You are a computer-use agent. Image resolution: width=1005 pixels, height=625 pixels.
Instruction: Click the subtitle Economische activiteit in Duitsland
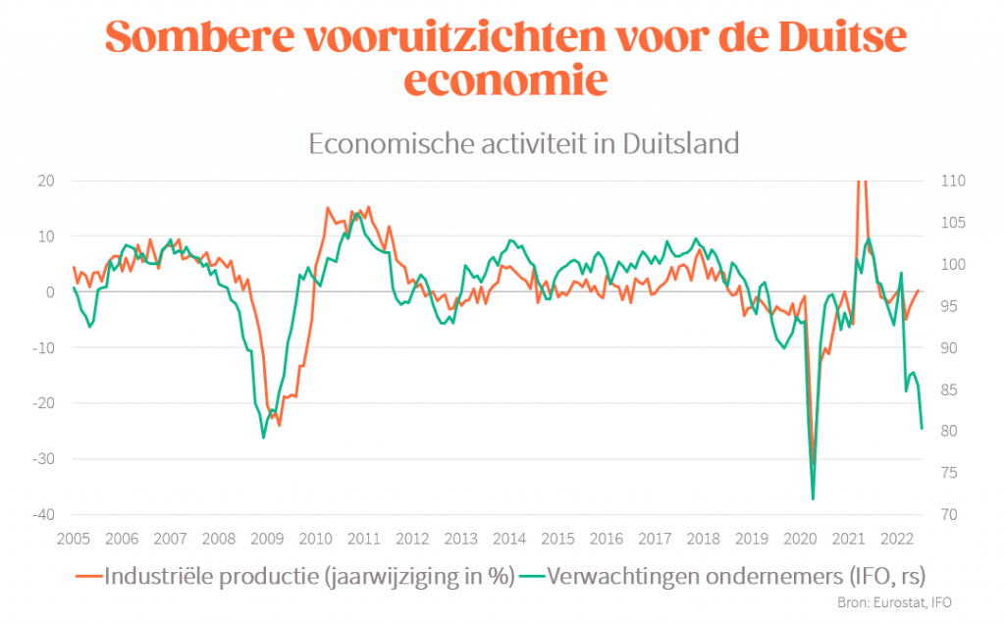coord(522,143)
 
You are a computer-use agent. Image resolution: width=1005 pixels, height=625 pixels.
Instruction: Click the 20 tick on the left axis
coord(45,181)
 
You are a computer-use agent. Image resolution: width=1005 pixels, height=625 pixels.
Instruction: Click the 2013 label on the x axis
coord(460,539)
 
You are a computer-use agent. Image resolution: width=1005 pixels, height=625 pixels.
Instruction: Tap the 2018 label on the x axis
coord(703,539)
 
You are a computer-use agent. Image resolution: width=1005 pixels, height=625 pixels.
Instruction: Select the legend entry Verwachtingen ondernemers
coord(735,576)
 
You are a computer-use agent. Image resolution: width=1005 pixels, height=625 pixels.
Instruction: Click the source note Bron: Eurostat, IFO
coord(894,602)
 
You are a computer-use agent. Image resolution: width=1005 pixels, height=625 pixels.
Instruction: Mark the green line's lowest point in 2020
coord(813,499)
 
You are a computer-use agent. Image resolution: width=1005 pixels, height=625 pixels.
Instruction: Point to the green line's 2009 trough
coord(263,437)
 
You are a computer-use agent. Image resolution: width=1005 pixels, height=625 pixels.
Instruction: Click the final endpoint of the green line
coord(922,428)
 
